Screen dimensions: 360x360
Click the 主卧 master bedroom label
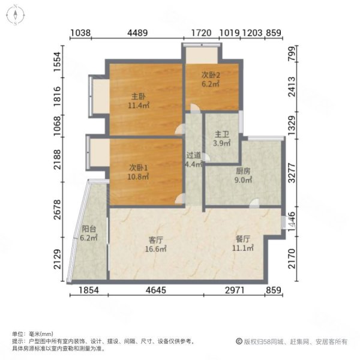pyautogui.click(x=138, y=97)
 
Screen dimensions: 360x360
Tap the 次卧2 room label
pyautogui.click(x=211, y=76)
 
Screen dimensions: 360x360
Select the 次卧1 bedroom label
pyautogui.click(x=138, y=167)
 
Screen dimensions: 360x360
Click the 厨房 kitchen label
pyautogui.click(x=242, y=170)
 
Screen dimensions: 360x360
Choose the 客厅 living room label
pyautogui.click(x=156, y=240)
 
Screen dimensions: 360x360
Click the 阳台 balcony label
pyautogui.click(x=88, y=229)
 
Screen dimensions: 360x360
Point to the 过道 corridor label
pyautogui.click(x=193, y=154)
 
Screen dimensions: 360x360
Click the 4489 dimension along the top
pyautogui.click(x=137, y=34)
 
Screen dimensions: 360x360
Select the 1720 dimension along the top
pyautogui.click(x=200, y=34)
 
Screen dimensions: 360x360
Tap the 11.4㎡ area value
pyautogui.click(x=138, y=105)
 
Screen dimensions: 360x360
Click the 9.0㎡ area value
pyautogui.click(x=242, y=179)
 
